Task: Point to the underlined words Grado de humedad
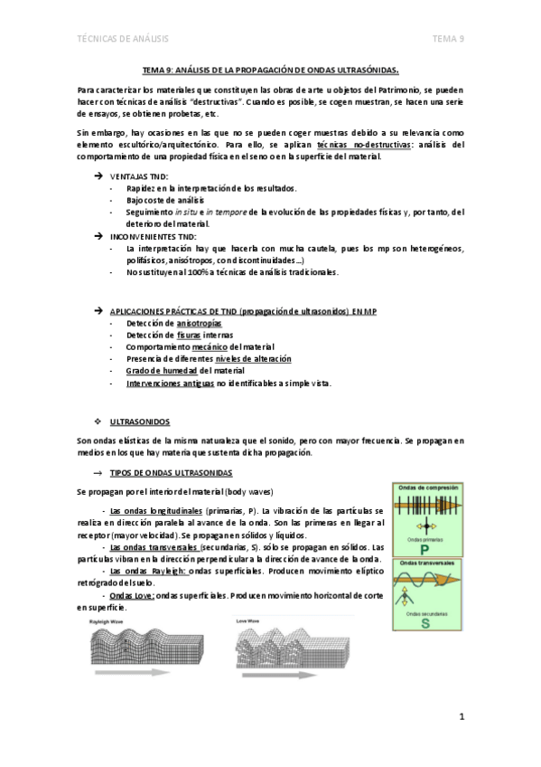coord(161,371)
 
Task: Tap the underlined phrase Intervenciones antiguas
coord(170,383)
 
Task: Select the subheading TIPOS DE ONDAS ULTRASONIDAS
coord(171,473)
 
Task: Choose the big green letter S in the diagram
coord(423,621)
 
